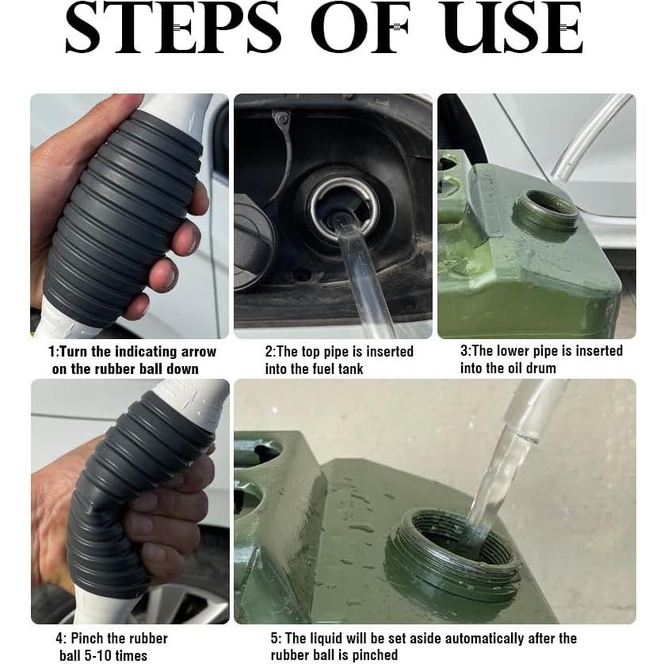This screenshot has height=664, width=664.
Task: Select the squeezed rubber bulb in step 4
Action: coord(119,507)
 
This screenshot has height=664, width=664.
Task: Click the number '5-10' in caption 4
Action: coord(97,655)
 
